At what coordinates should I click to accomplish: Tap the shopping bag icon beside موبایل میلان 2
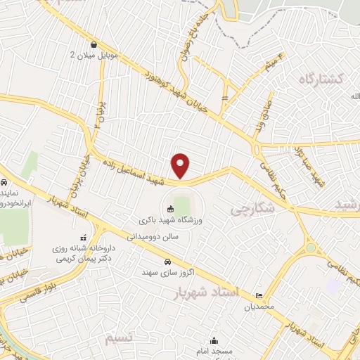94,43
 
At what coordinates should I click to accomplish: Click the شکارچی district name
250,209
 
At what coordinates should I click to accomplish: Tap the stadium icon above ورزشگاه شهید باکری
170,208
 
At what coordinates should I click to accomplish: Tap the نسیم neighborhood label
119,340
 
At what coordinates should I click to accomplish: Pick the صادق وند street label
262,117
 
